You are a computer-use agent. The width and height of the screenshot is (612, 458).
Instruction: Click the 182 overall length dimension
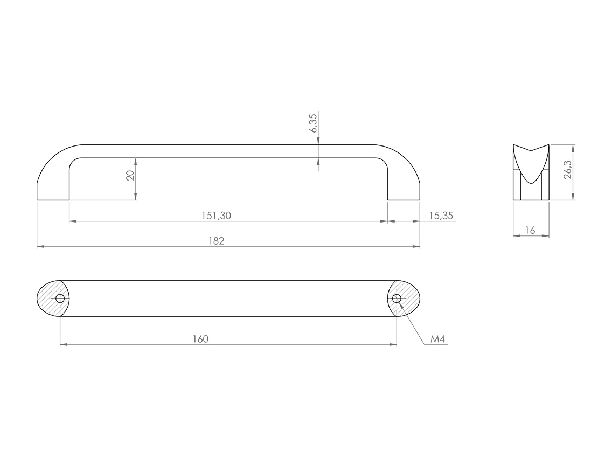[216, 241]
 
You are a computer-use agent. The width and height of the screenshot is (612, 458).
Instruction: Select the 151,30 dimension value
[216, 216]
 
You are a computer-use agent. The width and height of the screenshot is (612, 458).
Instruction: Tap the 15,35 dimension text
[441, 216]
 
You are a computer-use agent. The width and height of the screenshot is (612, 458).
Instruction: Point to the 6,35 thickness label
[314, 122]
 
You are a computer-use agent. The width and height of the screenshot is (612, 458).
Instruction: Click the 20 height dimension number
[130, 175]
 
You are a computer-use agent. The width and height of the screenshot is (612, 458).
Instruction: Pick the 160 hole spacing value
[200, 339]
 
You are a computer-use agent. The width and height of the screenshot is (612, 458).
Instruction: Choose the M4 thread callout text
[437, 339]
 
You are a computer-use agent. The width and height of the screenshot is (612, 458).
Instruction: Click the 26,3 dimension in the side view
[567, 169]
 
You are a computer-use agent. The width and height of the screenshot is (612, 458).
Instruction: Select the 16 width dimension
[530, 231]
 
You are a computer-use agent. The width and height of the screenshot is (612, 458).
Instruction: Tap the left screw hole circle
[60, 299]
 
